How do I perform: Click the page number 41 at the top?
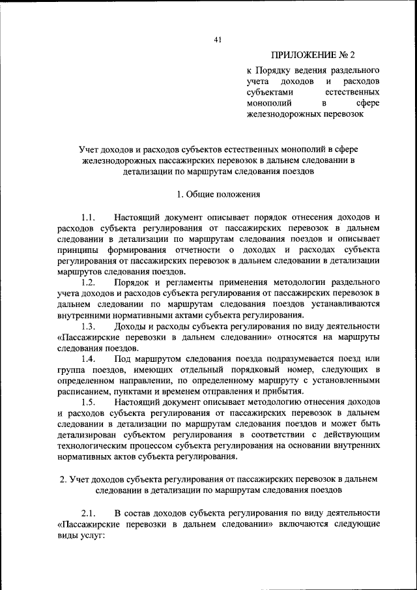pyautogui.click(x=218, y=40)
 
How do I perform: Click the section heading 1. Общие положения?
pyautogui.click(x=218, y=194)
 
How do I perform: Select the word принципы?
pyautogui.click(x=78, y=250)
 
